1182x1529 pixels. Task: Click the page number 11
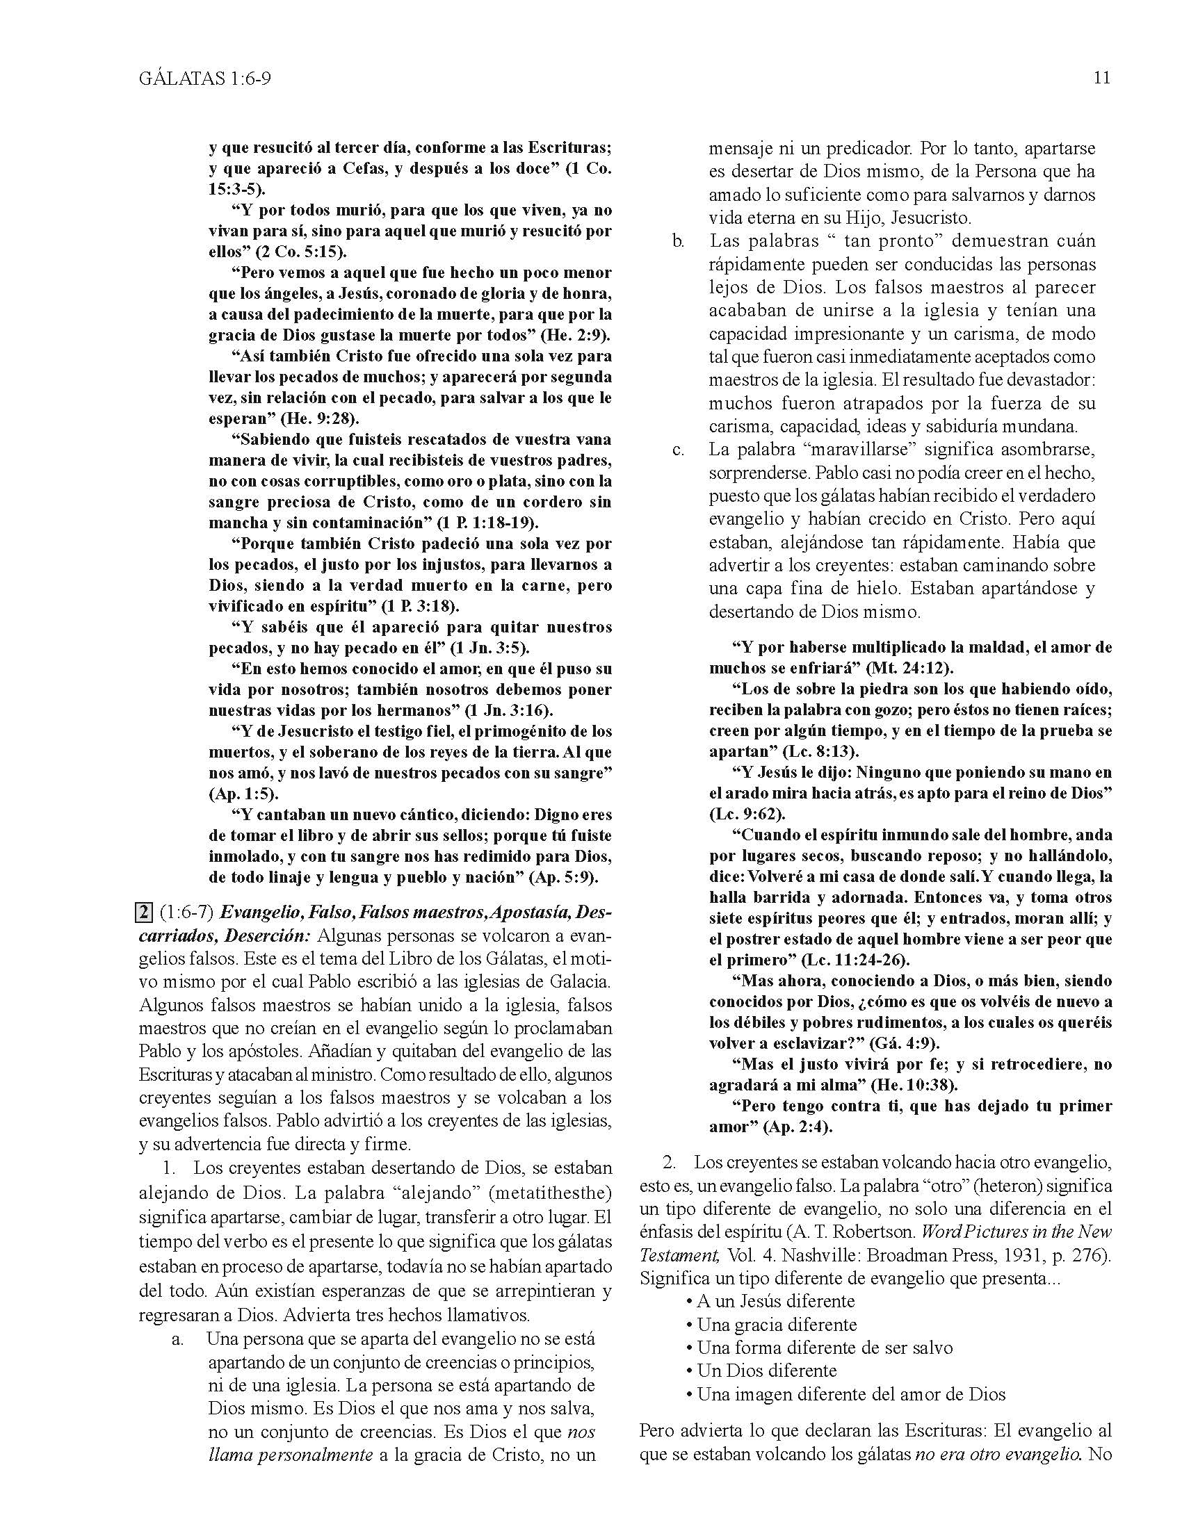(x=1101, y=78)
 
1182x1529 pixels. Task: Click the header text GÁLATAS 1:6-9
(x=204, y=79)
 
